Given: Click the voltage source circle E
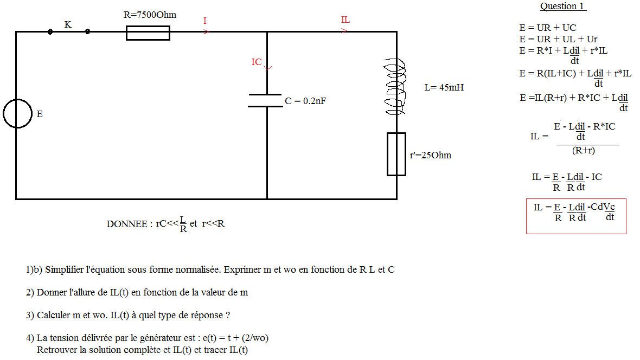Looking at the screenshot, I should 17,114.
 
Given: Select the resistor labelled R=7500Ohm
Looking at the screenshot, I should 148,33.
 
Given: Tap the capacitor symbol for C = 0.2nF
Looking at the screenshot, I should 266,100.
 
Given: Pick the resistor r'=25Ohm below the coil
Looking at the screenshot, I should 396,155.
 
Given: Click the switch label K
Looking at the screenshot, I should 68,24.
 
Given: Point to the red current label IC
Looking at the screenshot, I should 257,62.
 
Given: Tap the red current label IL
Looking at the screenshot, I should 345,20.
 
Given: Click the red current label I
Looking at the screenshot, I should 205,21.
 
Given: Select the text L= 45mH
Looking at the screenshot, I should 444,87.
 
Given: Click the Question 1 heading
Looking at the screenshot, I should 563,7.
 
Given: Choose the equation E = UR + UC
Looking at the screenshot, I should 548,28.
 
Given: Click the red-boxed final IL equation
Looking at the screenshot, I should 575,216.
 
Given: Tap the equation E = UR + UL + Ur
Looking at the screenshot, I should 558,39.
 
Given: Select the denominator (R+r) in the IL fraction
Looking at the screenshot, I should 584,151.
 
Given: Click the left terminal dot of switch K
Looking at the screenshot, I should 50,32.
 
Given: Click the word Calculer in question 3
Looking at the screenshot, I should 54,315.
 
